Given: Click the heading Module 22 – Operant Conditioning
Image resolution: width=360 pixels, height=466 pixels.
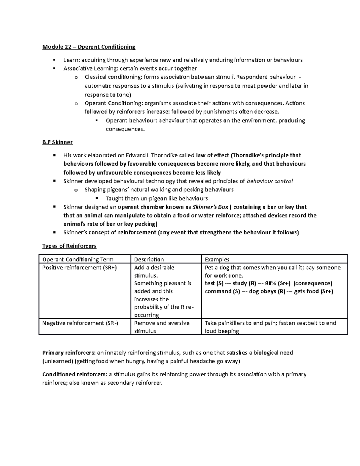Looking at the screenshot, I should click(89, 47).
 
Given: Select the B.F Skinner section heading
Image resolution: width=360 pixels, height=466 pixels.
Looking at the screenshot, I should click(57, 142).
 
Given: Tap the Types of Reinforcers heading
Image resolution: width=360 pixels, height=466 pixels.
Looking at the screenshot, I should click(69, 246).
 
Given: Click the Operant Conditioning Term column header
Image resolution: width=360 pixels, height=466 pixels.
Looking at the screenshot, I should click(78, 260).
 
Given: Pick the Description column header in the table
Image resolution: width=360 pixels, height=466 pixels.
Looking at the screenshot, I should click(149, 260).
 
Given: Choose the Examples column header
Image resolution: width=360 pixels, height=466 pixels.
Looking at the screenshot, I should click(217, 260).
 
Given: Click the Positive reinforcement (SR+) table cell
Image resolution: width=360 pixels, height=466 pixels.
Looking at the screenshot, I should click(79, 268).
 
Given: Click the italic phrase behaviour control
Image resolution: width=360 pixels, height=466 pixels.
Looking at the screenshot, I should click(270, 181).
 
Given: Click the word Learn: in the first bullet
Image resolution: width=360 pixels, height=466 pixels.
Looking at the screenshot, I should click(70, 60).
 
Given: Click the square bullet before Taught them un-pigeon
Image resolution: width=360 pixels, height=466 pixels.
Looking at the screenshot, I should click(97, 198).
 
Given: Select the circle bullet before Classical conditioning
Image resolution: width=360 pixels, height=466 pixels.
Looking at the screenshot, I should click(76, 78).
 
